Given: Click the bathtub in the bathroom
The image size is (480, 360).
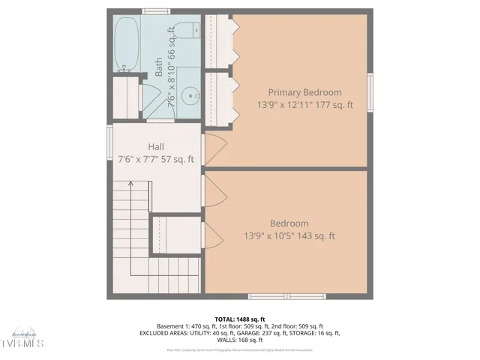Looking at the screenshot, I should (x=125, y=44).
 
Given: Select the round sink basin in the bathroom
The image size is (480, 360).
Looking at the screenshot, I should (x=193, y=96).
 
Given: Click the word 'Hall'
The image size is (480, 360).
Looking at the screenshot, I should (x=156, y=146).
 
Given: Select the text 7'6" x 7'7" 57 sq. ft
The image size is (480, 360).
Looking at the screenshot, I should (x=156, y=159).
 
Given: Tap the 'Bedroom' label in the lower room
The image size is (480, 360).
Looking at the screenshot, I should (x=289, y=223).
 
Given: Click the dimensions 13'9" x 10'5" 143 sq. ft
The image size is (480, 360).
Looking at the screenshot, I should (x=289, y=236).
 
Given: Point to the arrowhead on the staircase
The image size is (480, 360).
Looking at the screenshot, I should (x=130, y=182).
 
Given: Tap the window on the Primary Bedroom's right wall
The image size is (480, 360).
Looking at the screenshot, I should (x=369, y=92).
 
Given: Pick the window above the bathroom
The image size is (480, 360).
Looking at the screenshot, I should (x=154, y=11).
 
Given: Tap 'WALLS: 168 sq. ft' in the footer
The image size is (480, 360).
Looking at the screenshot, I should (x=239, y=340).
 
